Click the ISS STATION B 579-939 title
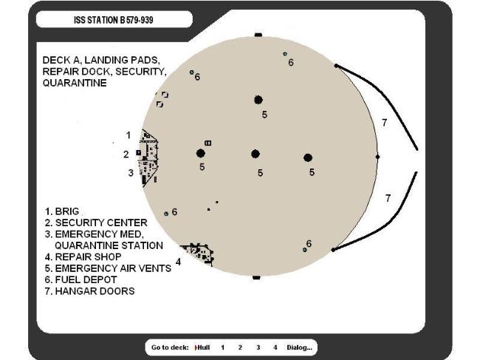coord(114,20)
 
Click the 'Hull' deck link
coord(204,347)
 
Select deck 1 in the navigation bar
coord(223,347)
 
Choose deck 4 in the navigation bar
coord(275,347)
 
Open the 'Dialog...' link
coord(299,347)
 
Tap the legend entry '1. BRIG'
coord(62,211)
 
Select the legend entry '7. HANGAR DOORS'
coord(89,291)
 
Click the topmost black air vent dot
coord(258,100)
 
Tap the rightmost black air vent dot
coord(308,157)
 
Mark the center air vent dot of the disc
coord(256,154)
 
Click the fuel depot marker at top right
coord(285,54)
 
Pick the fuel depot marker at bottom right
coord(305,250)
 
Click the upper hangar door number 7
coord(384,123)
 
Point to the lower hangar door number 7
coord(388,198)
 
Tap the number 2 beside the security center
coord(126,154)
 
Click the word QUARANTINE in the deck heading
coord(75,84)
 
